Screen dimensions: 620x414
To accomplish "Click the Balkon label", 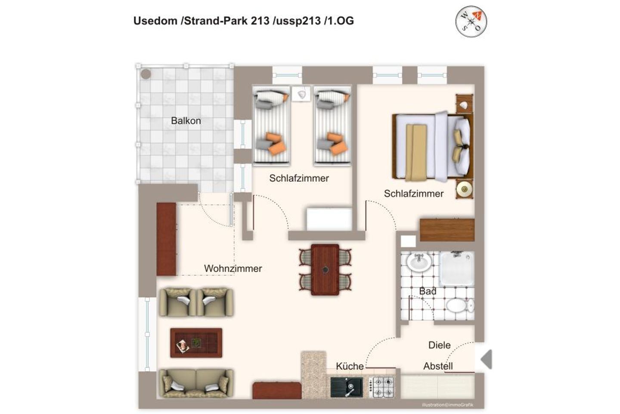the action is (186, 121).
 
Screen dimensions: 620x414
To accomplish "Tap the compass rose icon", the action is (471, 22).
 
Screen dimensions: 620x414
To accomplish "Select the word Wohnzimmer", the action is (233, 268).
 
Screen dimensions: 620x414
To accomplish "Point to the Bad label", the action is (428, 291).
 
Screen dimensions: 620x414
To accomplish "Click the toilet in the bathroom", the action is (460, 306).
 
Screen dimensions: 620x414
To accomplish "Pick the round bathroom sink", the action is (419, 262).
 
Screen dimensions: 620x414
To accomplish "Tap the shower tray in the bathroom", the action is (457, 268).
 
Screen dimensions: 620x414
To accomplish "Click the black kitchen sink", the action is (347, 387).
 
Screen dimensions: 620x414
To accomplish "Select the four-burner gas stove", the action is (381, 387).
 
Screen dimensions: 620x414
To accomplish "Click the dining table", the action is (325, 270).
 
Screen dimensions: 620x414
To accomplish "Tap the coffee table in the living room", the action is (196, 343).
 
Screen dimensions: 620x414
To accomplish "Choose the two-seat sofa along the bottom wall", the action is (196, 383).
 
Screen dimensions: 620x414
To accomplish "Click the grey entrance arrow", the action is (487, 359).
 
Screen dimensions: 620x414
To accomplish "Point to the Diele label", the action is (439, 345).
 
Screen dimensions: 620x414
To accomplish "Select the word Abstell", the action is (438, 366).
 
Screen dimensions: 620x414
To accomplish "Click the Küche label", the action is (350, 366).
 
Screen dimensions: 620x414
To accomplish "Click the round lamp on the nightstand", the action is (464, 189).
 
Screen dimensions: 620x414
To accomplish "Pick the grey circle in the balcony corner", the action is (146, 74).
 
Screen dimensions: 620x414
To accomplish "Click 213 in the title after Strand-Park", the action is (260, 21).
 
